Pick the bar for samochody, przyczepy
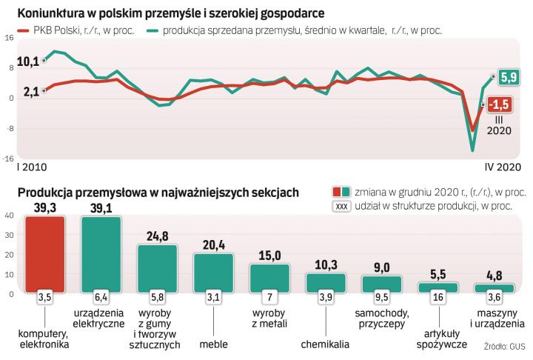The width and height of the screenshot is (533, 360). [381, 283]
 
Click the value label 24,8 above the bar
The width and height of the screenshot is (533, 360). [157, 236]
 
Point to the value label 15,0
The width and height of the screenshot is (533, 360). [269, 256]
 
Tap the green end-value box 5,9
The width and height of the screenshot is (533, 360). [509, 76]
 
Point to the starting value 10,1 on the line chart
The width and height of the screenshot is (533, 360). [27, 61]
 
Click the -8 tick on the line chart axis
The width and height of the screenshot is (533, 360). [8, 127]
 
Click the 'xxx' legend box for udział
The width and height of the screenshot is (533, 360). [341, 207]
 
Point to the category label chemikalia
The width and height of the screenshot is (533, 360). [326, 344]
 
